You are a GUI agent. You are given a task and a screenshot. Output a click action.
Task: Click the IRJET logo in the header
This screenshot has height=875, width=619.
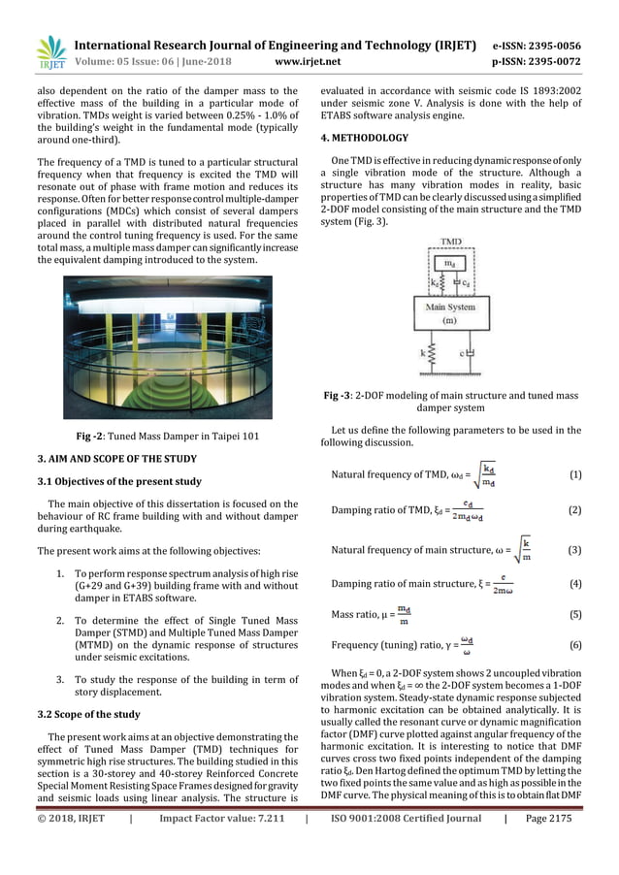click(49, 53)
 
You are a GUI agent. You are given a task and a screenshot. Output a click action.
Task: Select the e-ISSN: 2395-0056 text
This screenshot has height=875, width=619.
click(537, 45)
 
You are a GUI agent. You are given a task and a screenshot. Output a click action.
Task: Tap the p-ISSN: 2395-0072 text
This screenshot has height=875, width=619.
click(537, 62)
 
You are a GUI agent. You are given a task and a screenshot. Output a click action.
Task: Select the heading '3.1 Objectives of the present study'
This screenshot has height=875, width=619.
click(119, 481)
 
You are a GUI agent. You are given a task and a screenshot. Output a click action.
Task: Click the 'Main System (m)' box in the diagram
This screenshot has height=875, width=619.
click(451, 313)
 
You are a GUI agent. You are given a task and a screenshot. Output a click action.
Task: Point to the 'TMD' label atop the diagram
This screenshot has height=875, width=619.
click(451, 241)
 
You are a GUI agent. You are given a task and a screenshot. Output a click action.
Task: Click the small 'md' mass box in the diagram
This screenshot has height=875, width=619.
click(451, 262)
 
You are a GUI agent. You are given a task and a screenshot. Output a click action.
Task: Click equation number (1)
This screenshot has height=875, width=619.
click(574, 474)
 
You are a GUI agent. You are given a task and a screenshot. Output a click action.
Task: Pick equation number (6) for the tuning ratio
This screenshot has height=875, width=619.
click(574, 645)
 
